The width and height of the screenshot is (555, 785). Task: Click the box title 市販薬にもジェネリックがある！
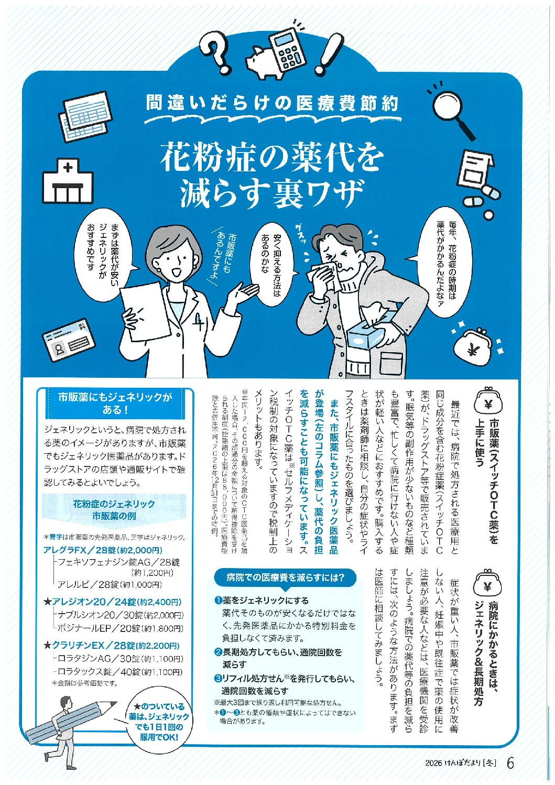116,403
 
